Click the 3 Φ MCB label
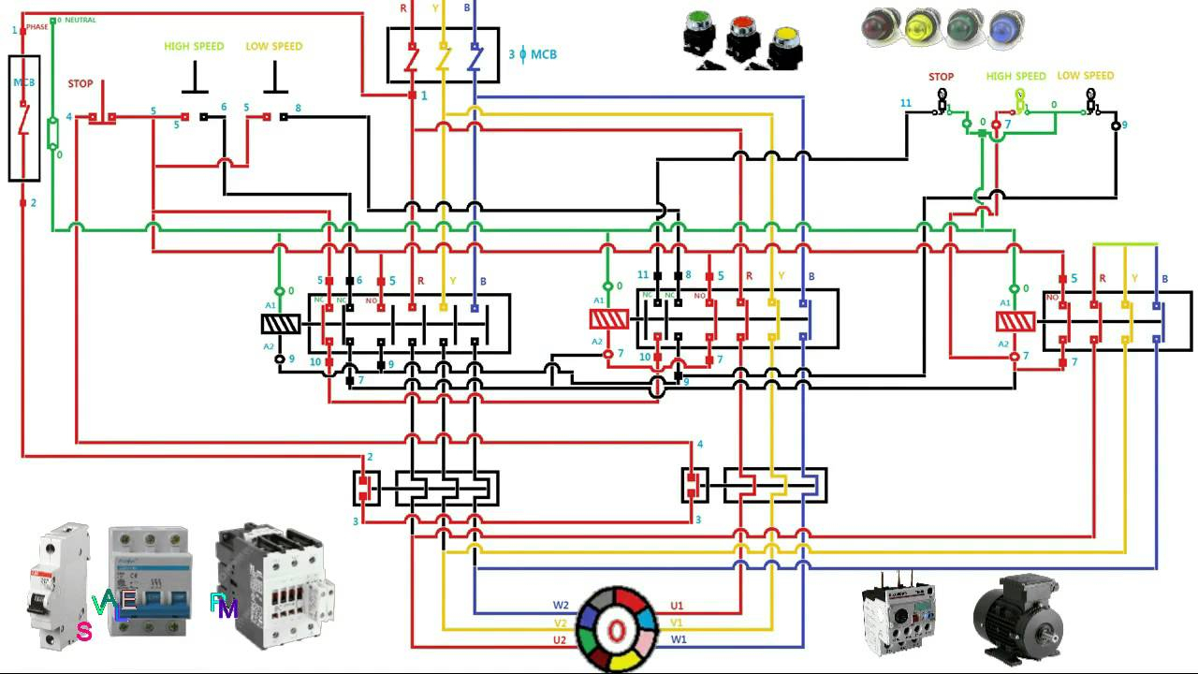coord(533,54)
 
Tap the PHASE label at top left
coord(37,27)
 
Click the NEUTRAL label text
coord(80,20)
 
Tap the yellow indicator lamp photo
coord(922,28)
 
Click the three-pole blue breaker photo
coord(150,580)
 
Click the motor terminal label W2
coord(561,606)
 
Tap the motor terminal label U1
coord(677,606)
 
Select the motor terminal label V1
coord(677,623)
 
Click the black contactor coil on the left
coord(280,324)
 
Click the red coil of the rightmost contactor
coord(1015,322)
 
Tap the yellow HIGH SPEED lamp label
coord(1015,77)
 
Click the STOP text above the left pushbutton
coord(80,84)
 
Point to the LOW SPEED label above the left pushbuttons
coord(274,46)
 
